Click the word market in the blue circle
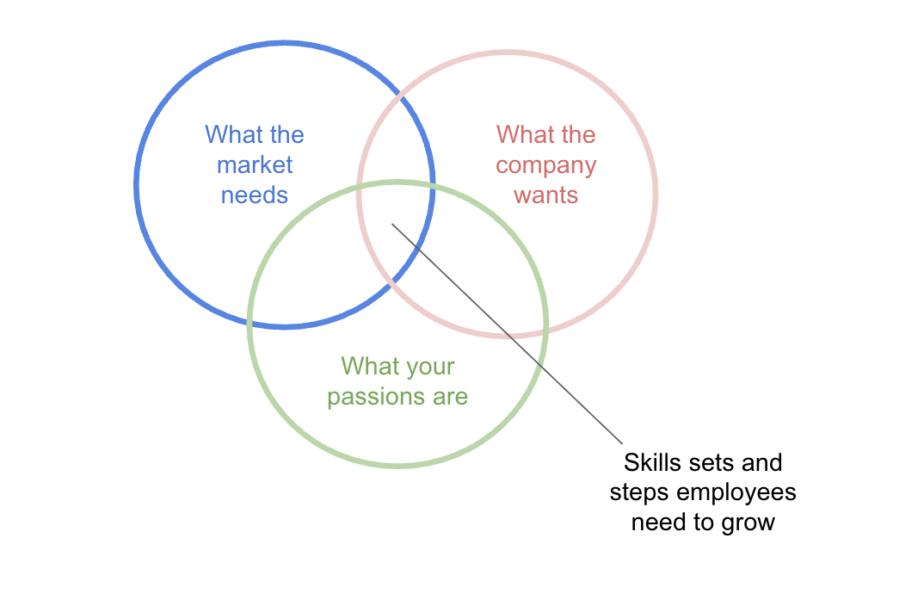click(255, 165)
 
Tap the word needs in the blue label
click(255, 195)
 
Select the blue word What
click(230, 135)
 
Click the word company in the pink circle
click(546, 165)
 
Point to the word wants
click(546, 195)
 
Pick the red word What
click(521, 135)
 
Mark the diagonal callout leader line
click(508, 334)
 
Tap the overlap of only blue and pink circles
click(396, 138)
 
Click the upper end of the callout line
click(392, 225)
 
